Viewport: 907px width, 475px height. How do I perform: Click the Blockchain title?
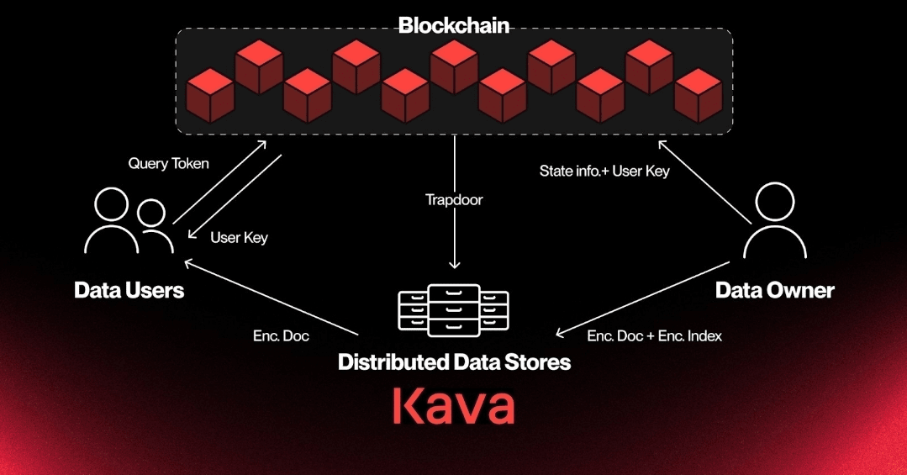pos(454,25)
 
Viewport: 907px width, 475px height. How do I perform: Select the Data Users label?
pos(129,290)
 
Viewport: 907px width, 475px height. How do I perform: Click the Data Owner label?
pos(774,290)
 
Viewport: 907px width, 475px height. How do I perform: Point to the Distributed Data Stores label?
pos(454,362)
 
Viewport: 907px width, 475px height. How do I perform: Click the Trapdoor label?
pos(454,200)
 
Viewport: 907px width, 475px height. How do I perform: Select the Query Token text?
pos(168,164)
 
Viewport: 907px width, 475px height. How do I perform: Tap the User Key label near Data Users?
pos(239,238)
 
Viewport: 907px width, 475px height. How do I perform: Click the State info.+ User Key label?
pos(604,172)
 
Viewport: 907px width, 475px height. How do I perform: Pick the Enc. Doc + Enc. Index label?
pos(654,336)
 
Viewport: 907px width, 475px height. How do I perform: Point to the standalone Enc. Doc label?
pos(281,336)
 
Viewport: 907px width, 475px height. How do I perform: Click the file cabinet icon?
pos(454,310)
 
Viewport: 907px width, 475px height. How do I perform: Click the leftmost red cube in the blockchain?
pos(210,96)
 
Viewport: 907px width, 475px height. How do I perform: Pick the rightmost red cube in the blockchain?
pos(699,96)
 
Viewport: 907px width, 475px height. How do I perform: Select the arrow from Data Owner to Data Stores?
pos(642,298)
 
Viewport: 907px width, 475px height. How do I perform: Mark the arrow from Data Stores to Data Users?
pos(271,298)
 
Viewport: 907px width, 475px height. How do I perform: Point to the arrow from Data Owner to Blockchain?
pos(704,182)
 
